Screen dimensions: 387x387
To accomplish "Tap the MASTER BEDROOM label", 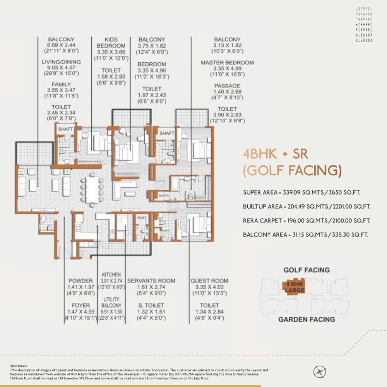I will tap(227, 62).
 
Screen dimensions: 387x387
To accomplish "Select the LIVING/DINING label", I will tap(61, 62).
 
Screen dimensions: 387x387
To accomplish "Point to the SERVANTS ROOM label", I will tap(151, 281).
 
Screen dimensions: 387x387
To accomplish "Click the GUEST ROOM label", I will tap(209, 281).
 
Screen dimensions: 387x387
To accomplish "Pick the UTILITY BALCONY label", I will tap(111, 303).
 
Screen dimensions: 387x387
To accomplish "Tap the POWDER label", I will tap(80, 281).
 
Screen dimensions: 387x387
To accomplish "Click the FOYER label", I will tap(80, 305).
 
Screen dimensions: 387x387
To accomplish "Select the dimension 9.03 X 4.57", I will tap(61, 67).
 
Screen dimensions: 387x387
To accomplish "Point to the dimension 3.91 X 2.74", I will tap(111, 281).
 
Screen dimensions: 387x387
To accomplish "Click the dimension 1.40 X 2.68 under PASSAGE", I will tap(227, 91).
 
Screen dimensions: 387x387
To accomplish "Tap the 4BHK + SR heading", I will tap(275, 154).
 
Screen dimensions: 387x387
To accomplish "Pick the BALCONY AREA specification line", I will tap(305, 235).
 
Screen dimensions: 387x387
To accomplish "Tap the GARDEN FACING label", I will tap(307, 319).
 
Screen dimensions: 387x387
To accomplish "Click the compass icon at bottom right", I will tap(319, 372).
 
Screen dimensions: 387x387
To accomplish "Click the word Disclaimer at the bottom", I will tap(19, 365).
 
